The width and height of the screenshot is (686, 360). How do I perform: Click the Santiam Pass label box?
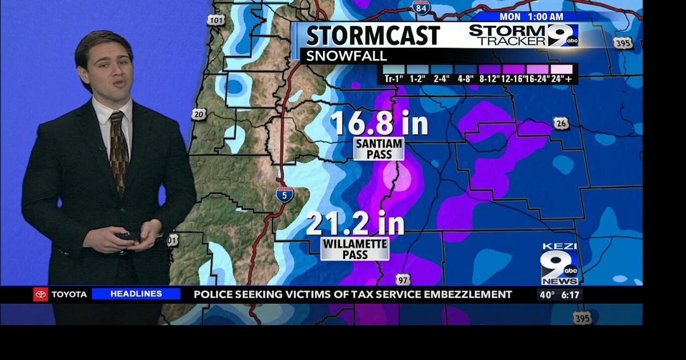[x=379, y=149]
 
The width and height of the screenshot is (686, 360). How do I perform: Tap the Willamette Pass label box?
[x=355, y=249]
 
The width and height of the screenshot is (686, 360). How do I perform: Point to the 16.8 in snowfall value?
[x=379, y=123]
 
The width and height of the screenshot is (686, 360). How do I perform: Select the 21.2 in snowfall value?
[x=355, y=223]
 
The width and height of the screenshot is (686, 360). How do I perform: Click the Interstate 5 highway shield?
[x=285, y=194]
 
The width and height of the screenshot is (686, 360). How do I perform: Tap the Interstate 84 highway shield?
[x=421, y=7]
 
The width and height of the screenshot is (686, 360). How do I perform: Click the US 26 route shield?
[x=561, y=124]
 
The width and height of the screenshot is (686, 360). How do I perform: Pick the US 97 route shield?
[x=404, y=280]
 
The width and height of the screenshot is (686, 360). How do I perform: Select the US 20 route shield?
[x=199, y=114]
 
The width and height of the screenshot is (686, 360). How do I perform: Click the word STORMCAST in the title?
[x=373, y=36]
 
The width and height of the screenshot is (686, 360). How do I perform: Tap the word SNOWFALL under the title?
[x=346, y=56]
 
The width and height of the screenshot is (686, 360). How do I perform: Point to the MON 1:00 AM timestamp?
[x=531, y=17]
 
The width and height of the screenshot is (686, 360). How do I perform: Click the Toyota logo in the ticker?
[x=41, y=294]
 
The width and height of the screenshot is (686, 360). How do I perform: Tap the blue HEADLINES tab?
[x=136, y=294]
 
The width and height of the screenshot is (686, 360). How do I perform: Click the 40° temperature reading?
[x=547, y=295]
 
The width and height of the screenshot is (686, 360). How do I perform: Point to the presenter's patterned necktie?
[x=118, y=151]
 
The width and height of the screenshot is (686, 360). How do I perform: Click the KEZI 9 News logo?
[x=560, y=264]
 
